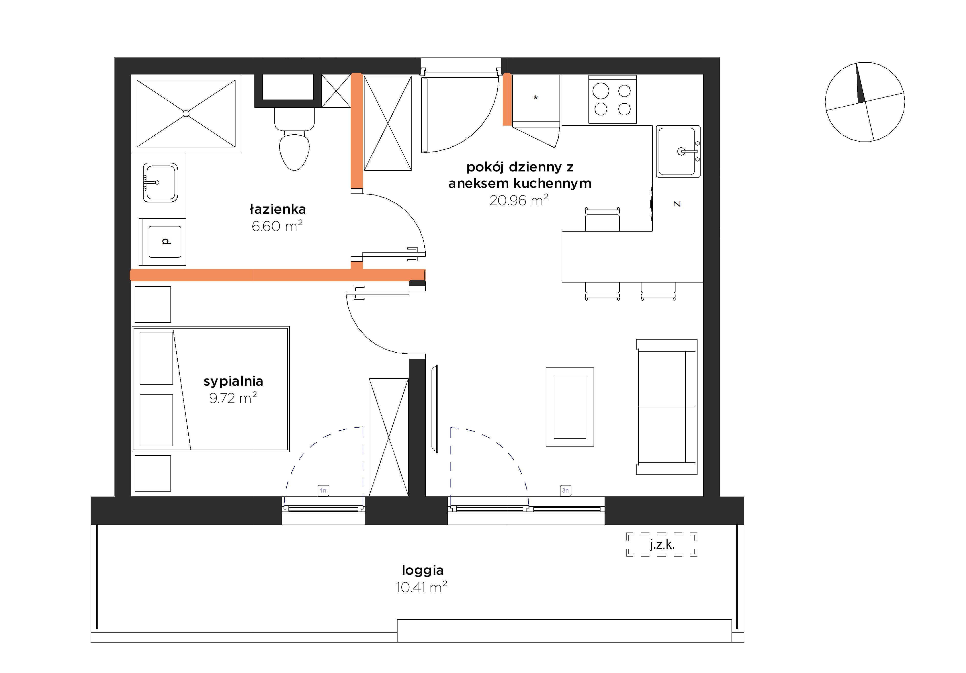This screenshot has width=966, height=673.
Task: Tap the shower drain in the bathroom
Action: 186,114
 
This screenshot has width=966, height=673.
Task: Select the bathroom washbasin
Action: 160,182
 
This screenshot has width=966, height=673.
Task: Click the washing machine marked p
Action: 165,242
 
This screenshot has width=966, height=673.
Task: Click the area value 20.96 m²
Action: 519,200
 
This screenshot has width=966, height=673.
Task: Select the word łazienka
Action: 278,209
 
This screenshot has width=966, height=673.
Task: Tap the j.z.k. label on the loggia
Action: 662,545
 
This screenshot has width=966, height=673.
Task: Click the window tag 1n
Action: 323,491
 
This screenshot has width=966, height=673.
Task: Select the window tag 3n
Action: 565,491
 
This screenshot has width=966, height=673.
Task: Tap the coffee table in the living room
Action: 570,407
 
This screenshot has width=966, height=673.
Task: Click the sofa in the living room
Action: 667,407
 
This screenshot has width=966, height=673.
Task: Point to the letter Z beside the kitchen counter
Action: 677,204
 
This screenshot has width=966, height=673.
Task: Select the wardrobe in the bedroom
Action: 389,437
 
